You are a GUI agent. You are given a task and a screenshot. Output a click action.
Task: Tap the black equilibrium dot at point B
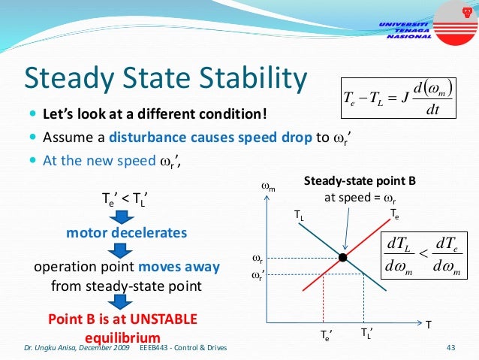click(342, 258)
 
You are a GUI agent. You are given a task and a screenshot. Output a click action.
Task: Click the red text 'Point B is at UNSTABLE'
click(122, 319)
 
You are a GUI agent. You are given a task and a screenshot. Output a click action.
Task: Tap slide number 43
click(451, 347)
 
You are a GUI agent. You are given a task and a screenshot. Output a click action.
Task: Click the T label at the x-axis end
click(429, 325)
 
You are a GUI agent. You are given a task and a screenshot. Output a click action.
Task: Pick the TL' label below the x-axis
click(365, 332)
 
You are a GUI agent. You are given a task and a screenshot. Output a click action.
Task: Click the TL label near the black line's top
click(299, 214)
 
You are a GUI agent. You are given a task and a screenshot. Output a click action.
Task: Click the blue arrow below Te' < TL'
click(126, 216)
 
